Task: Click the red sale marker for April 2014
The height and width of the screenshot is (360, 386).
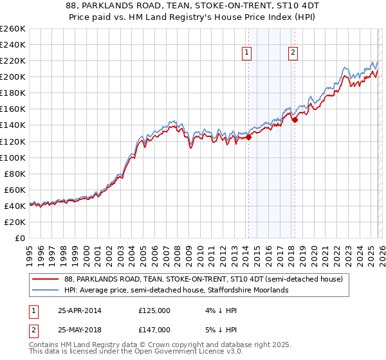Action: [x=248, y=136]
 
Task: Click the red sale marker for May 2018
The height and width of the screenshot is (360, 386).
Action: [x=295, y=119]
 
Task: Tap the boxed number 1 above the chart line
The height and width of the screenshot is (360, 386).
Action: [x=247, y=53]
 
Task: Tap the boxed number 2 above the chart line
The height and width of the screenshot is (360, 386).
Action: [x=293, y=53]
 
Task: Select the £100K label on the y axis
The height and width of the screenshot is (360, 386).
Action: [x=14, y=157]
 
